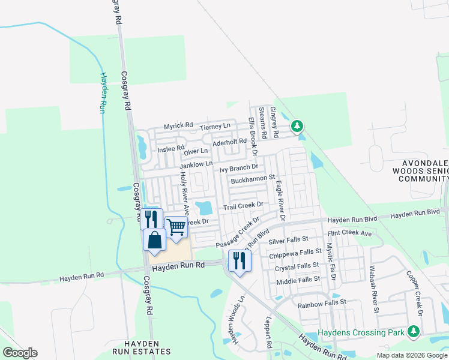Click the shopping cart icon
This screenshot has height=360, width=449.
pyautogui.click(x=176, y=227)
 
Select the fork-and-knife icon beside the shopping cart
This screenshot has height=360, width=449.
pyautogui.click(x=151, y=219)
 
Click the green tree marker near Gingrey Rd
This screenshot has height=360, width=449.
pyautogui.click(x=297, y=126)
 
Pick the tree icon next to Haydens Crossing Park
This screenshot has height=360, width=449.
pyautogui.click(x=413, y=332)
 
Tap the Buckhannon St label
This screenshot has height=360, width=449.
pyautogui.click(x=252, y=178)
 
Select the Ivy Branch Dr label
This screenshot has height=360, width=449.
pyautogui.click(x=238, y=169)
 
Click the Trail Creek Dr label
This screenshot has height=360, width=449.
pyautogui.click(x=244, y=206)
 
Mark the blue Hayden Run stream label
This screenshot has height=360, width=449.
pyautogui.click(x=103, y=92)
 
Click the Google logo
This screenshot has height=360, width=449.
pyautogui.click(x=20, y=353)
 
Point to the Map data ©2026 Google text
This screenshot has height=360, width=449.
pyautogui.click(x=411, y=355)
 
